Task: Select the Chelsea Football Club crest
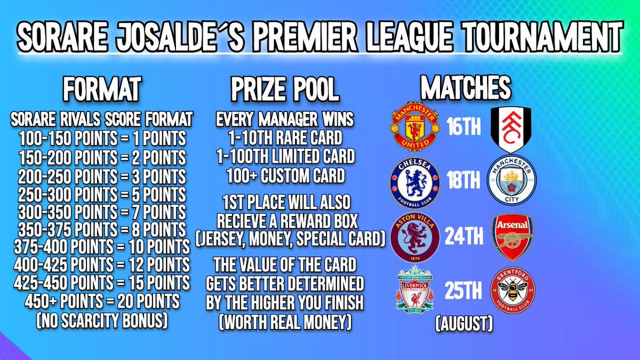click(414, 181)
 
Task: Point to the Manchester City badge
click(512, 181)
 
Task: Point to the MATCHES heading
click(466, 88)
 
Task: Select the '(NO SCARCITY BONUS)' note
click(102, 320)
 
